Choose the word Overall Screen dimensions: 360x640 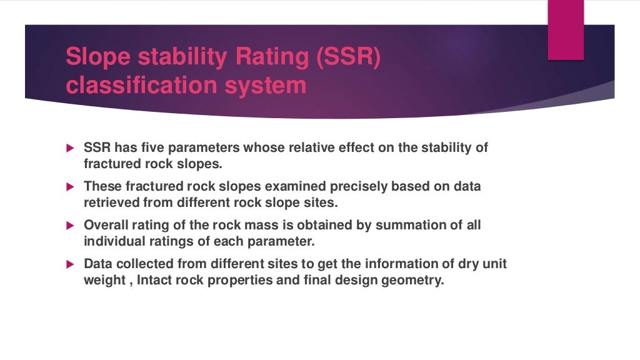pyautogui.click(x=105, y=225)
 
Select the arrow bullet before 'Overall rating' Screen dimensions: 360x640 pyautogui.click(x=70, y=226)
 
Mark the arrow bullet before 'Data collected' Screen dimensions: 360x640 pyautogui.click(x=70, y=264)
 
